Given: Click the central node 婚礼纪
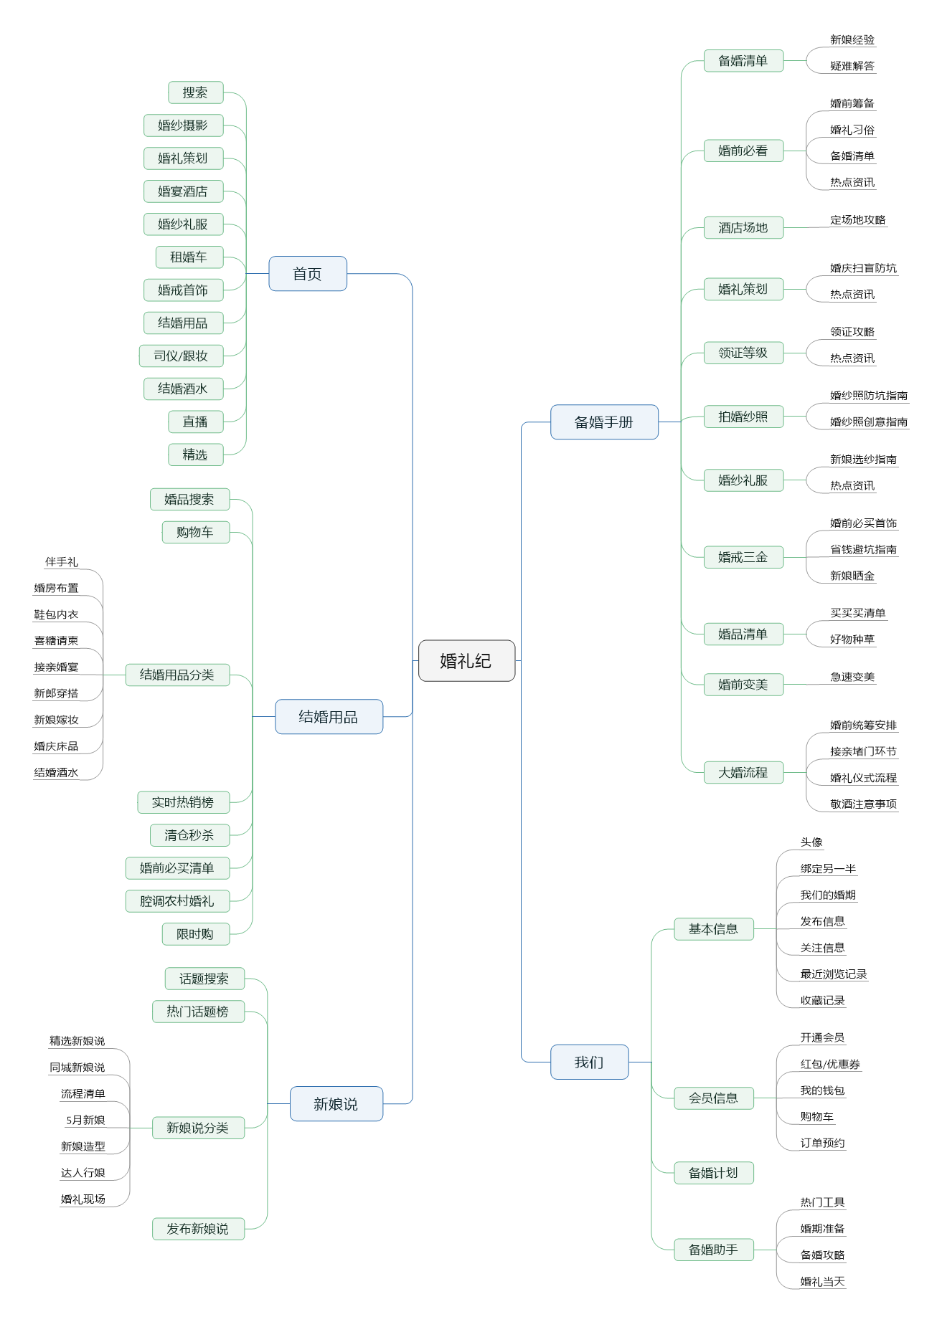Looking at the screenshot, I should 466,660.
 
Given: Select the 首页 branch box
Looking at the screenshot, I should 307,274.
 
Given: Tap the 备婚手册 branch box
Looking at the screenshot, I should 603,422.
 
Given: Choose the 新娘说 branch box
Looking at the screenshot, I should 336,1104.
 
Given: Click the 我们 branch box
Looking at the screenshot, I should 589,1062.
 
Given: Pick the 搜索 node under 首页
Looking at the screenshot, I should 195,92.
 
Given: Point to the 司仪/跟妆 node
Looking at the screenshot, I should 181,356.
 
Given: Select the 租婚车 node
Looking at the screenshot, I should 189,257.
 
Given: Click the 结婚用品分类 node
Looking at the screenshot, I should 177,675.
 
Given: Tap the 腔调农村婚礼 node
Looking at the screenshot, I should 177,901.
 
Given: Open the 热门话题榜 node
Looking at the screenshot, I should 198,1012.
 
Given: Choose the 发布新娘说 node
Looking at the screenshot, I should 198,1229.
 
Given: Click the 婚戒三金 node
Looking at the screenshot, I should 743,557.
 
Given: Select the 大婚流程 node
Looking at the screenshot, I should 743,773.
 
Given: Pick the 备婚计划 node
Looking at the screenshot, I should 713,1173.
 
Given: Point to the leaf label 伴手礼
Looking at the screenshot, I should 62,562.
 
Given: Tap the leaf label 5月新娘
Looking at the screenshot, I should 85,1120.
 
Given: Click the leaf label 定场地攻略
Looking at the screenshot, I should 858,220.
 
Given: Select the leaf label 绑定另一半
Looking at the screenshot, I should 828,869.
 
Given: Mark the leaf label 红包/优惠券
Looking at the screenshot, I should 830,1064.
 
